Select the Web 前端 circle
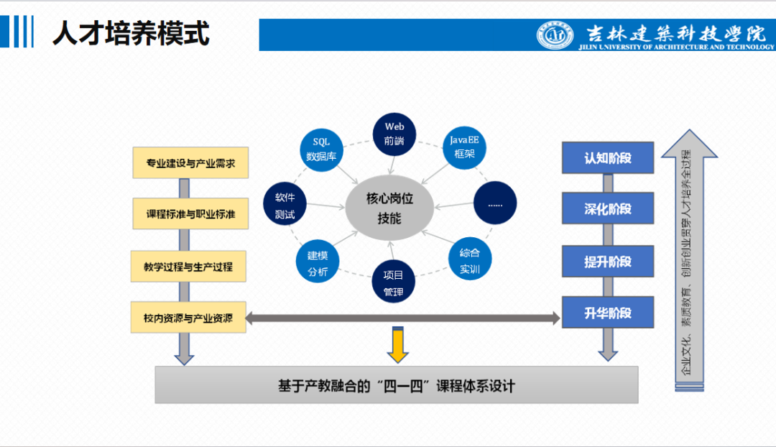[x=394, y=134]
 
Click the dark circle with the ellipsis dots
[x=496, y=203]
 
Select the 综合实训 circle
[x=469, y=261]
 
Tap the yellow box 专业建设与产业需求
[x=191, y=162]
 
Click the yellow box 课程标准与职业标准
[x=191, y=213]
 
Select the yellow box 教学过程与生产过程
[x=188, y=267]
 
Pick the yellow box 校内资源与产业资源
[x=188, y=318]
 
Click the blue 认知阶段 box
[x=608, y=157]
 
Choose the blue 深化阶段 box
[x=608, y=209]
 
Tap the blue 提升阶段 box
[x=608, y=262]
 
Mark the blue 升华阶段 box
[x=608, y=313]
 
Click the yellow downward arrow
[x=397, y=344]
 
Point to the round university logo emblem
[x=555, y=34]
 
